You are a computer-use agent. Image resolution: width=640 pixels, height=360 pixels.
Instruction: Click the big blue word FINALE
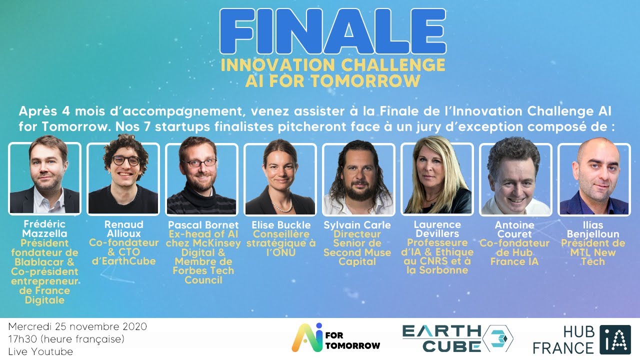tap(333, 31)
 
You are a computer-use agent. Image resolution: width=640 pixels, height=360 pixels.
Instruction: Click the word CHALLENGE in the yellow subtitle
tap(393, 65)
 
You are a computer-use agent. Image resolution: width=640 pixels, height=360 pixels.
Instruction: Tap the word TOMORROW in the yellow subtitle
tap(365, 80)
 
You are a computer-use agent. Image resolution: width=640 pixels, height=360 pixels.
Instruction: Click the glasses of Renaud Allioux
tap(126, 160)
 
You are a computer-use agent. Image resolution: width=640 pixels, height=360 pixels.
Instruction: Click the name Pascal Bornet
tap(203, 225)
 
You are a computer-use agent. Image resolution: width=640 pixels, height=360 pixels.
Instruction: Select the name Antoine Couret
tap(514, 229)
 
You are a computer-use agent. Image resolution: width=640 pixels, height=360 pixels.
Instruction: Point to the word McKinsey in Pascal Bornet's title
tap(216, 243)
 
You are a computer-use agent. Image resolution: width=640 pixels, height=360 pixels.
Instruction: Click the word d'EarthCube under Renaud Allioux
tap(123, 261)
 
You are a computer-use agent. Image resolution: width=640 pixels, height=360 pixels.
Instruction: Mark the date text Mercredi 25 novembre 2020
tap(77, 326)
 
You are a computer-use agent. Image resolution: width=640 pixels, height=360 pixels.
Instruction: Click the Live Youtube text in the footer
tap(40, 351)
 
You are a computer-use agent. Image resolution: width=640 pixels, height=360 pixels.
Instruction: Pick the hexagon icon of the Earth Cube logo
tap(497, 338)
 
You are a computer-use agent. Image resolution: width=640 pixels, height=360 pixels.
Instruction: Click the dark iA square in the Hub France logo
tap(615, 339)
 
